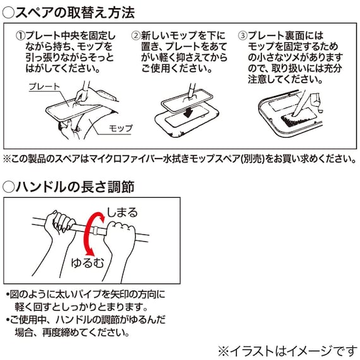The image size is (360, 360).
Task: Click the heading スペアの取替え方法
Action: [75, 11]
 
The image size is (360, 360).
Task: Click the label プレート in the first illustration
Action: [44, 87]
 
